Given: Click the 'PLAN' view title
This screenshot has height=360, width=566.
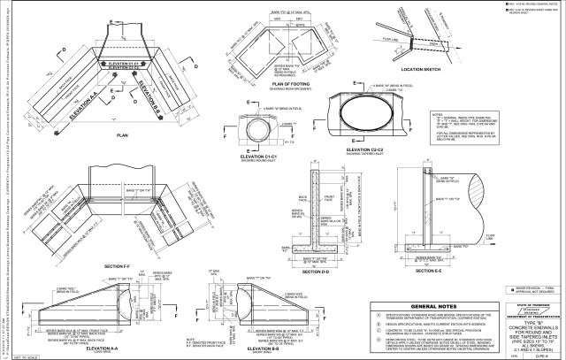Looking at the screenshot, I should point(123,135).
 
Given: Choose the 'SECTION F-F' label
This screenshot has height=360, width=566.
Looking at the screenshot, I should point(119,266).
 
